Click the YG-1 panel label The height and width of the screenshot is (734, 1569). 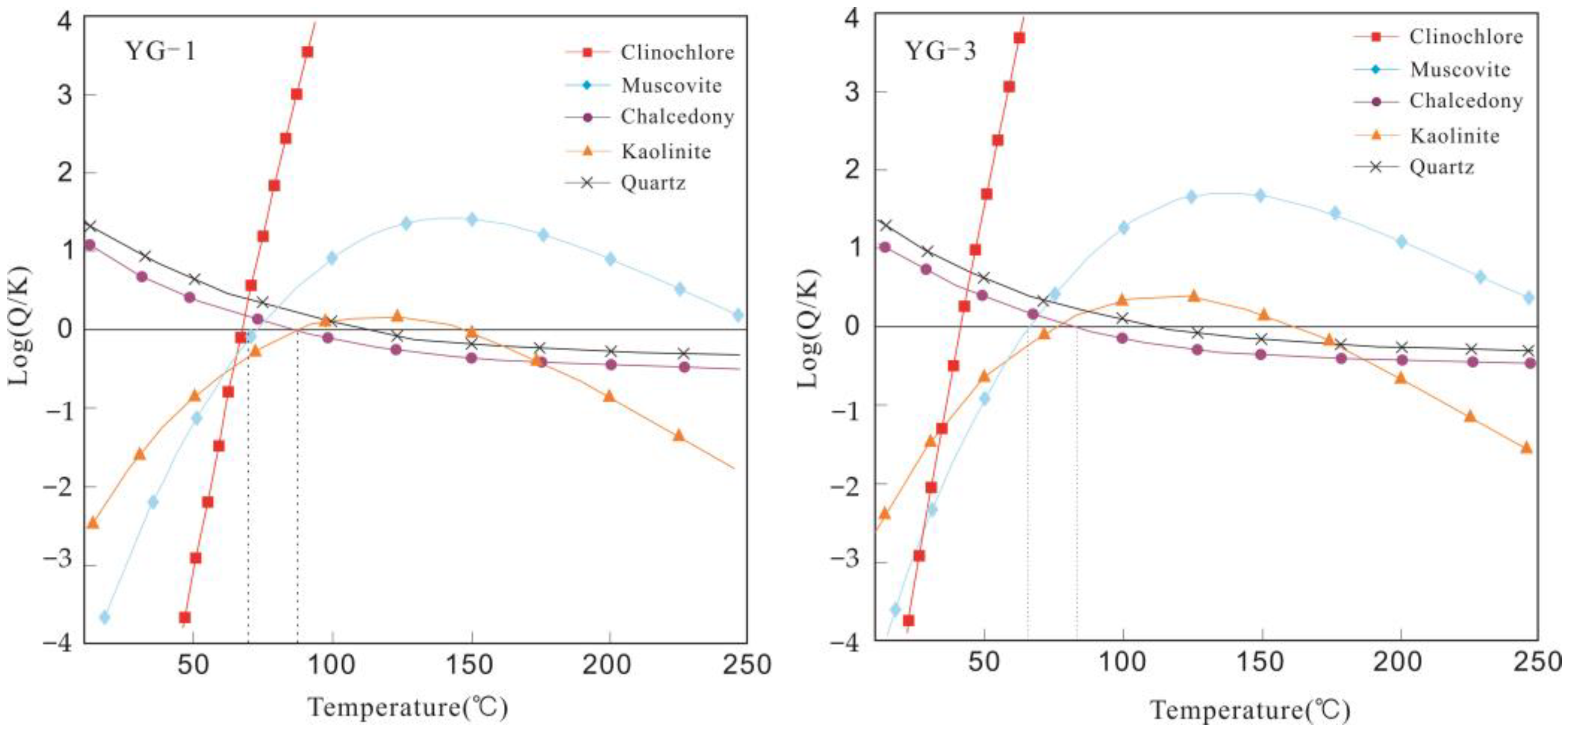pyautogui.click(x=160, y=51)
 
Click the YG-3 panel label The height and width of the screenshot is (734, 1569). pyautogui.click(x=940, y=51)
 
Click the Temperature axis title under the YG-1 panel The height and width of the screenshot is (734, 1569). pyautogui.click(x=407, y=708)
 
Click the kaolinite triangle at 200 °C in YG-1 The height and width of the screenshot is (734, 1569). pyautogui.click(x=609, y=396)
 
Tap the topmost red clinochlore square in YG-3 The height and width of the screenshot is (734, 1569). pyautogui.click(x=1019, y=38)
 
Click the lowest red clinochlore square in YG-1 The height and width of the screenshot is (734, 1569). pyautogui.click(x=185, y=617)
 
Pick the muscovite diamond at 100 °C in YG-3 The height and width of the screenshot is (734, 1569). pyautogui.click(x=1123, y=227)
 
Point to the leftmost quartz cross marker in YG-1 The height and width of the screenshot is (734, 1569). pyautogui.click(x=90, y=226)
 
